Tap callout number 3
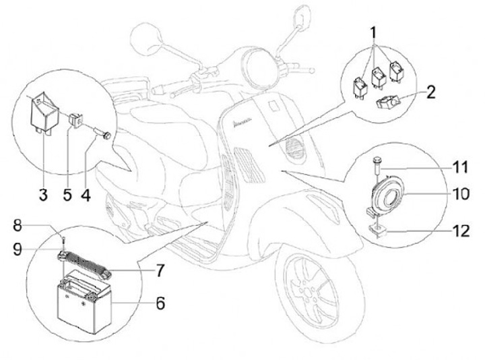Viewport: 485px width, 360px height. (42, 196)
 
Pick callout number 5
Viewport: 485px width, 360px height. (67, 196)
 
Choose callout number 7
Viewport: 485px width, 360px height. (160, 271)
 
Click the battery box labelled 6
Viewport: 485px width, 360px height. (84, 303)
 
